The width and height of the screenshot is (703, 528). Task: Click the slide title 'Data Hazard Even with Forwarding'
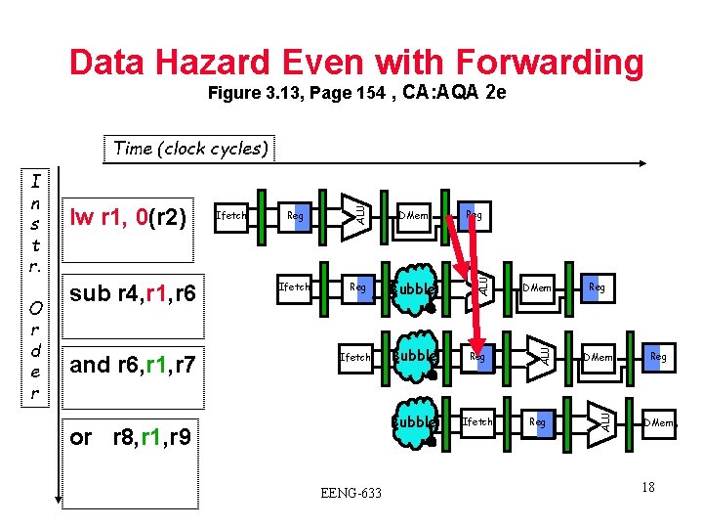click(x=356, y=63)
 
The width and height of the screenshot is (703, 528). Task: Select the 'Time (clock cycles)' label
click(x=189, y=149)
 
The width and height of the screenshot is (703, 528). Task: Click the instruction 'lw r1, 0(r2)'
click(x=126, y=216)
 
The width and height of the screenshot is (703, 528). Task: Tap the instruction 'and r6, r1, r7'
click(x=133, y=366)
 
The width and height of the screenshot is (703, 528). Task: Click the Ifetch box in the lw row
click(x=231, y=215)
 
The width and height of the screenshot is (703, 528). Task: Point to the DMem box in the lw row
click(x=413, y=215)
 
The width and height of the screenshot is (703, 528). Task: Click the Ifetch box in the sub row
click(x=295, y=286)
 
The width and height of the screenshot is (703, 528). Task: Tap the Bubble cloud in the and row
click(x=413, y=357)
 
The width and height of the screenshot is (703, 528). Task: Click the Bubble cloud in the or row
click(x=413, y=422)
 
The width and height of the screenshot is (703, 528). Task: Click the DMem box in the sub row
click(x=537, y=287)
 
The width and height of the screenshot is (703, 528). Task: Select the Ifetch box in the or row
click(x=477, y=421)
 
